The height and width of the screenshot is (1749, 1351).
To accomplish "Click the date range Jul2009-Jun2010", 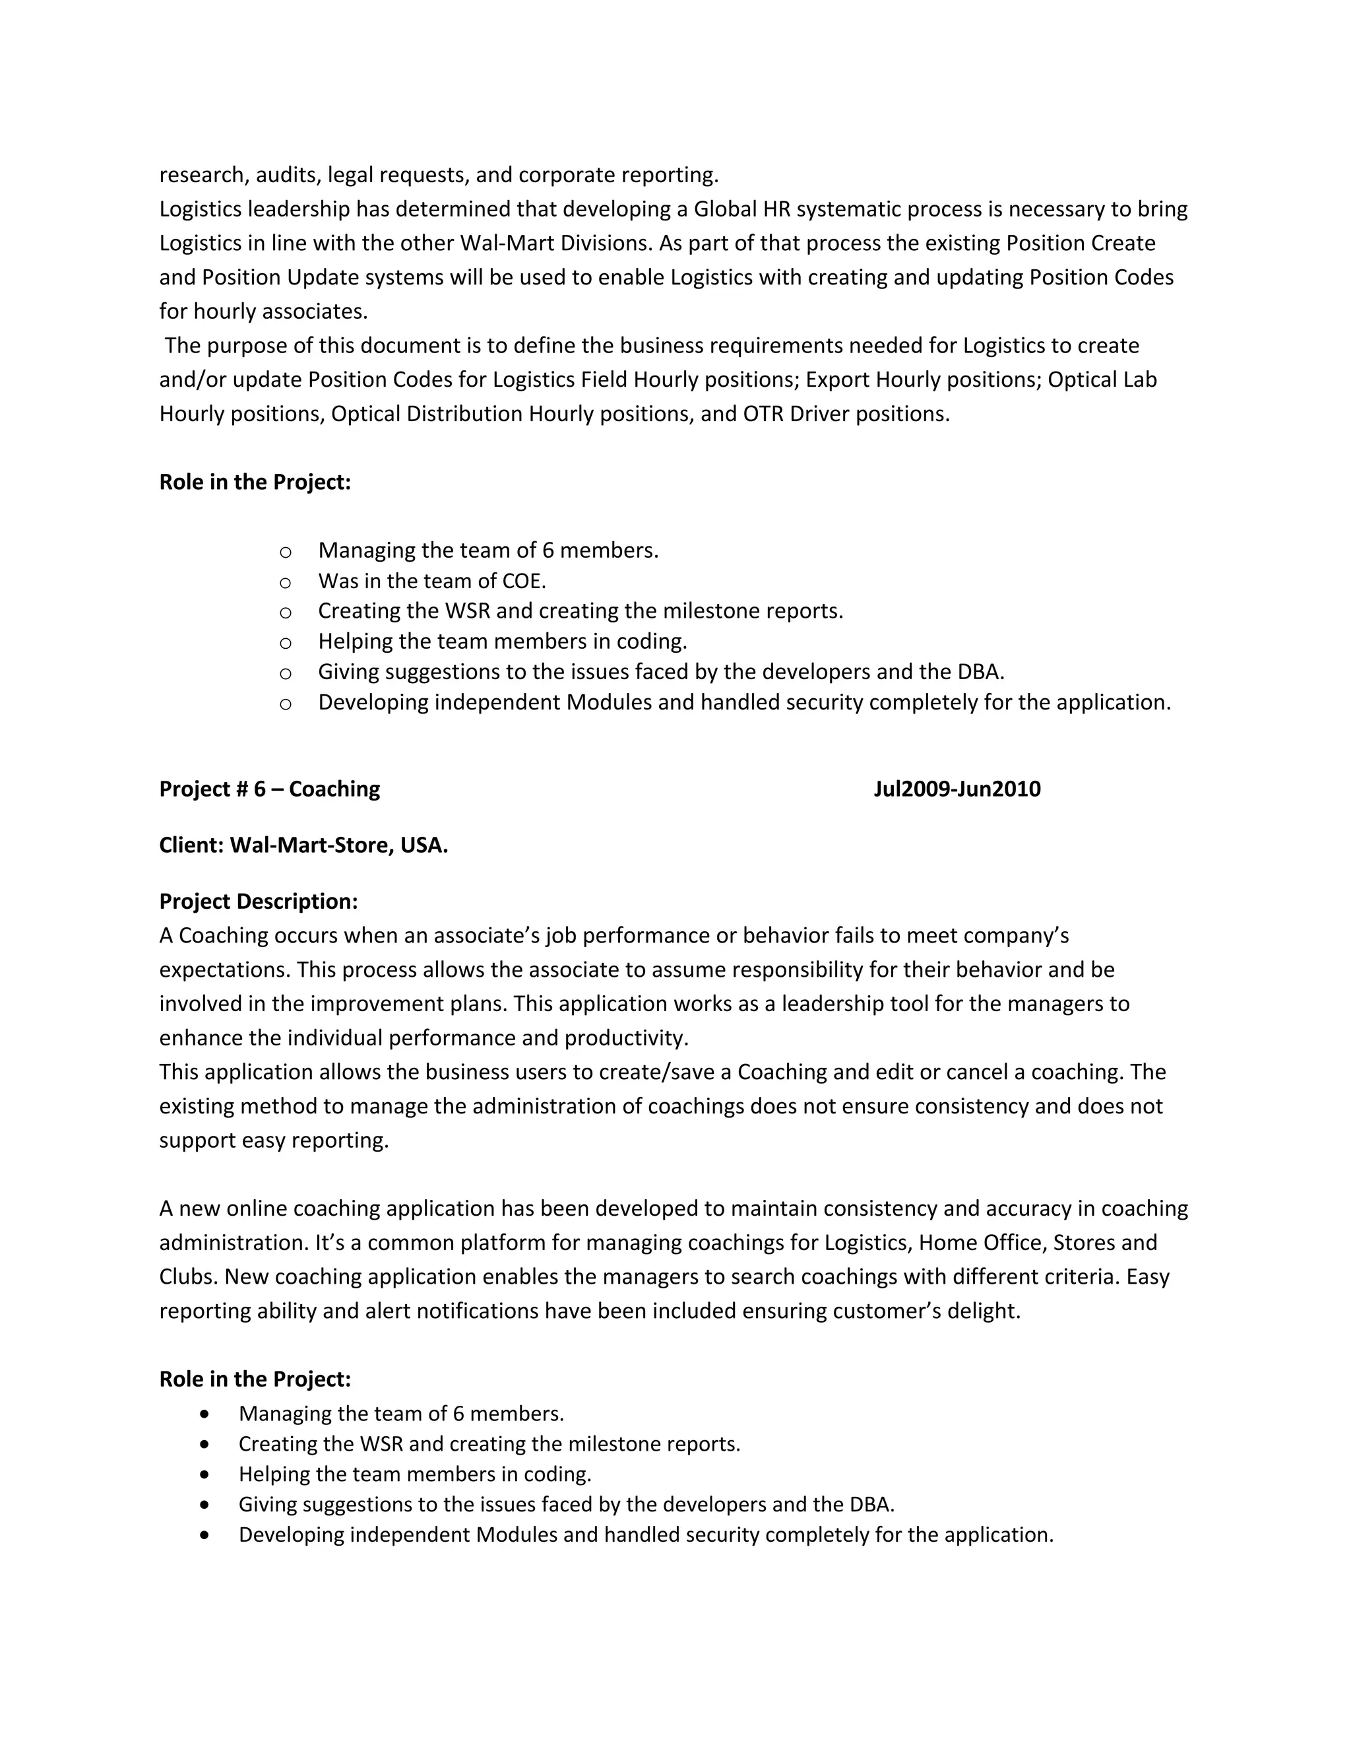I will tap(957, 789).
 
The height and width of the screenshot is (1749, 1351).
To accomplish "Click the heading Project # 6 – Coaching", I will tap(269, 789).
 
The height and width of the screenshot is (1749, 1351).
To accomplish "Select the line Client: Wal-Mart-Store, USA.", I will tap(303, 845).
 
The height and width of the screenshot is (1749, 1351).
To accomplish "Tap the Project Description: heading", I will tap(258, 901).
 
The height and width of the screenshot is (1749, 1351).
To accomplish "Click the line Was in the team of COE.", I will tap(431, 581).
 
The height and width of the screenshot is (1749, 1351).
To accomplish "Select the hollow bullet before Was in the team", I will tap(285, 582).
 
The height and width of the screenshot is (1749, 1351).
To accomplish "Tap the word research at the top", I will tap(200, 175).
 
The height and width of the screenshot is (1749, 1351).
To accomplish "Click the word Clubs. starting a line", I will tap(188, 1276).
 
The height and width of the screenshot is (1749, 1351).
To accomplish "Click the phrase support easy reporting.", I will tap(274, 1140).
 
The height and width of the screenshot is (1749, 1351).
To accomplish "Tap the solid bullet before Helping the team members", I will tap(206, 1474).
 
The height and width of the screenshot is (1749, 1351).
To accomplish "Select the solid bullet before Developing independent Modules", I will tap(206, 1534).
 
